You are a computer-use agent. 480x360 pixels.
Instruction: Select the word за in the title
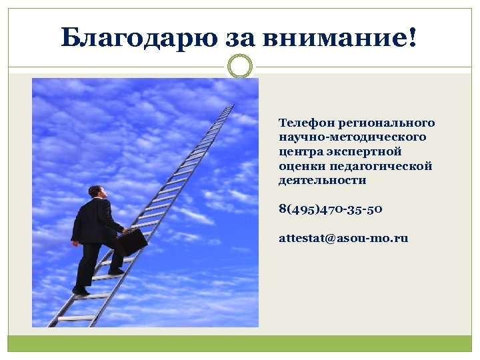click(239, 38)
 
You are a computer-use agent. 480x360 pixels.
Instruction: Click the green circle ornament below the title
click(240, 66)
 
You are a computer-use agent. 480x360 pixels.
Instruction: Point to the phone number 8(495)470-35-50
click(330, 209)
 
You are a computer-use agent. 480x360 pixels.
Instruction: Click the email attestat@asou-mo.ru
click(343, 238)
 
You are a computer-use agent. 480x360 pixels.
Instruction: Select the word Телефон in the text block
click(307, 123)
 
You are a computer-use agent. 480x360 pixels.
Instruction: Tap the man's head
click(97, 191)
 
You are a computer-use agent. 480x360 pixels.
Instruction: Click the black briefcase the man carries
click(131, 243)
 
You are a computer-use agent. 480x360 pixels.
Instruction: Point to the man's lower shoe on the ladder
click(81, 291)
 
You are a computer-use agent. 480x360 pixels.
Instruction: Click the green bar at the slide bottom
click(240, 343)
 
